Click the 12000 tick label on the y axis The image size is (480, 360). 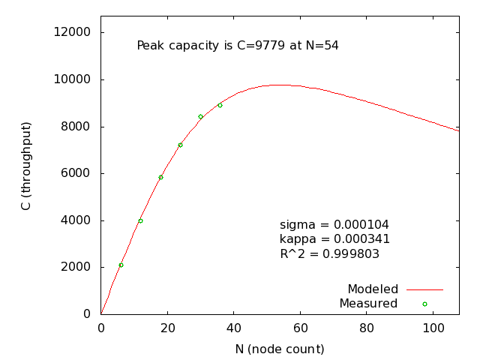click(74, 32)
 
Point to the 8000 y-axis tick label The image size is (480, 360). click(77, 126)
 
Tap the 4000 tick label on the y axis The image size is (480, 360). click(77, 220)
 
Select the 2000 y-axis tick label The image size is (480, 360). click(77, 267)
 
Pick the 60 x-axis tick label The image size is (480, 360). click(300, 328)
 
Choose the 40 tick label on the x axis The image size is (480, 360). click(233, 328)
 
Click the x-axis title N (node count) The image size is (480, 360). click(280, 349)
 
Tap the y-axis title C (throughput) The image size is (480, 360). click(26, 165)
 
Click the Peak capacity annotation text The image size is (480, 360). click(238, 46)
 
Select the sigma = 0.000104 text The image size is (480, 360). click(334, 225)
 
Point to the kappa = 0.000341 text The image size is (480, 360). click(334, 239)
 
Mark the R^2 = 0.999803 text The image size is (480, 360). click(329, 254)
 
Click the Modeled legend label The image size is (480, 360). click(372, 289)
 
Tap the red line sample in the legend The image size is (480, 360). click(425, 289)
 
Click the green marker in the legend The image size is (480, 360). click(424, 304)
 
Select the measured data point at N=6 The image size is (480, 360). click(121, 265)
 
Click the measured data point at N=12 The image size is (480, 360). click(140, 220)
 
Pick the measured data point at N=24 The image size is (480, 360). click(180, 145)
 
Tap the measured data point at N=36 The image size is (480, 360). click(220, 105)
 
